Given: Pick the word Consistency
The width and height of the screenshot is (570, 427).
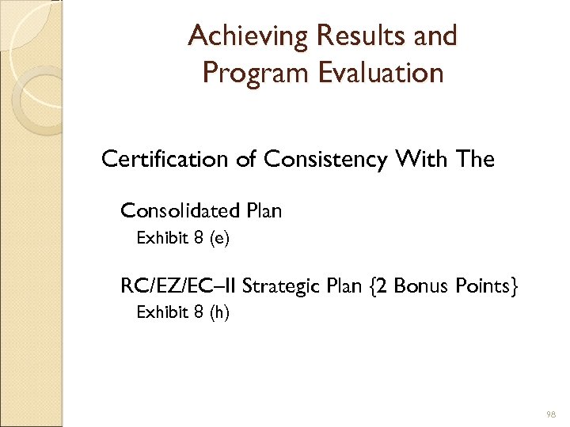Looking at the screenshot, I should click(326, 160).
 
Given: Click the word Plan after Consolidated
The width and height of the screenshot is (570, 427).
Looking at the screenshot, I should click(264, 210).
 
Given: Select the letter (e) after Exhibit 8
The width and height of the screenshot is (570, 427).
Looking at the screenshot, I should click(219, 238).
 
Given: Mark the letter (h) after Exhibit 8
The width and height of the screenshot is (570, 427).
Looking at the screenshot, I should click(219, 312).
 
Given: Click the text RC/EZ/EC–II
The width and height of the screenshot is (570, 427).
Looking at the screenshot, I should click(178, 285).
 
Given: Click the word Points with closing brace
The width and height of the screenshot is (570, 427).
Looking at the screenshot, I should click(488, 285).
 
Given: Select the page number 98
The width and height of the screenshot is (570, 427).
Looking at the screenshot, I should click(551, 414).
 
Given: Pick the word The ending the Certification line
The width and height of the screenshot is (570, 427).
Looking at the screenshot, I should click(475, 160).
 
